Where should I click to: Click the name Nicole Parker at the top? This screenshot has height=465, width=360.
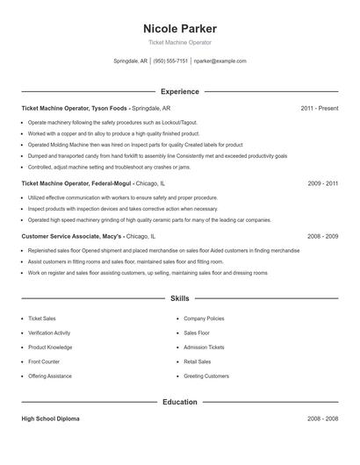tap(179, 28)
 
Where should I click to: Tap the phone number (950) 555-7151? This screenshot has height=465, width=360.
tap(170, 61)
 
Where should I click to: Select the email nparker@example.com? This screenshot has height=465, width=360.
tap(220, 61)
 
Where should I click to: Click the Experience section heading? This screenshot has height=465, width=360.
tap(179, 91)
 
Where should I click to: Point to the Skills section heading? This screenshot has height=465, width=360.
tap(179, 298)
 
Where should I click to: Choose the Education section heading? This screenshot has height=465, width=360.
tap(179, 402)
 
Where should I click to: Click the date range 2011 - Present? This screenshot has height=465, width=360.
tap(319, 108)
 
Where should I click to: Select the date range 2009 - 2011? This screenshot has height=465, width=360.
tap(322, 183)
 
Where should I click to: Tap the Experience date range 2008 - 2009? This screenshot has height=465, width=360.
tap(322, 236)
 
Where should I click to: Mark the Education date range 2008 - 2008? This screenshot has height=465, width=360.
tap(322, 419)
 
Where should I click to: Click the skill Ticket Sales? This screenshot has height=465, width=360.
tap(43, 318)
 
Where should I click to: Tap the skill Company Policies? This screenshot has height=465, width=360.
tap(204, 318)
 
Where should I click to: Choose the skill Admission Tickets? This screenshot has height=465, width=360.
tap(203, 347)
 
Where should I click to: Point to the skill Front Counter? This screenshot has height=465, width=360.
tap(44, 361)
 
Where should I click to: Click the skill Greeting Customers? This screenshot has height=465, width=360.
tap(205, 376)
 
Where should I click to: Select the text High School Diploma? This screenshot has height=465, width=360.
tap(50, 419)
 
